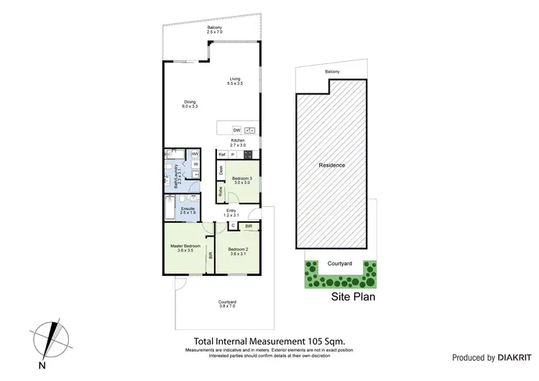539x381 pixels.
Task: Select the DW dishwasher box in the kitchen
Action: coord(236,130)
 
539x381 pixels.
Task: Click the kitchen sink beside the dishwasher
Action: coord(250,130)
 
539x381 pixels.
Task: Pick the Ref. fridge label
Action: coord(222,155)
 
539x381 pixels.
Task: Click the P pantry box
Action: coord(233,155)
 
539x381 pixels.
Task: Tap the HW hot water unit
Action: coord(195,154)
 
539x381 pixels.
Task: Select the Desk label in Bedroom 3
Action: coord(221,170)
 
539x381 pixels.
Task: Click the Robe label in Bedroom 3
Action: coord(221,191)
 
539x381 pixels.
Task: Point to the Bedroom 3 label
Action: coord(241,180)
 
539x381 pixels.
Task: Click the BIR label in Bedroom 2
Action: coord(248,227)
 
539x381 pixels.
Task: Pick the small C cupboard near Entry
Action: coord(233,226)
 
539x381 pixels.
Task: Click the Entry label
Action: coord(231,212)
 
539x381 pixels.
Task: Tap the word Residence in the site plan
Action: coord(332,165)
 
